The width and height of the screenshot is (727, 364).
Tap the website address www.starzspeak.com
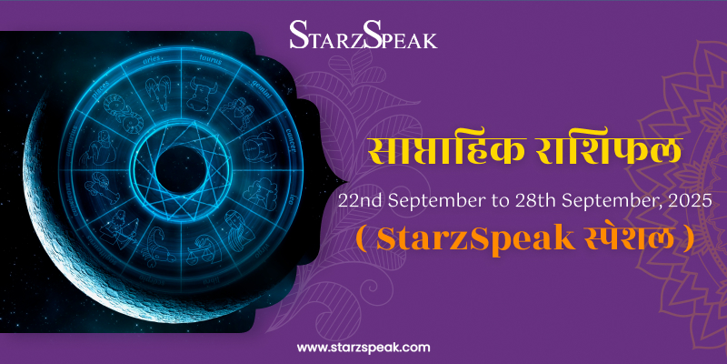(363, 347)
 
